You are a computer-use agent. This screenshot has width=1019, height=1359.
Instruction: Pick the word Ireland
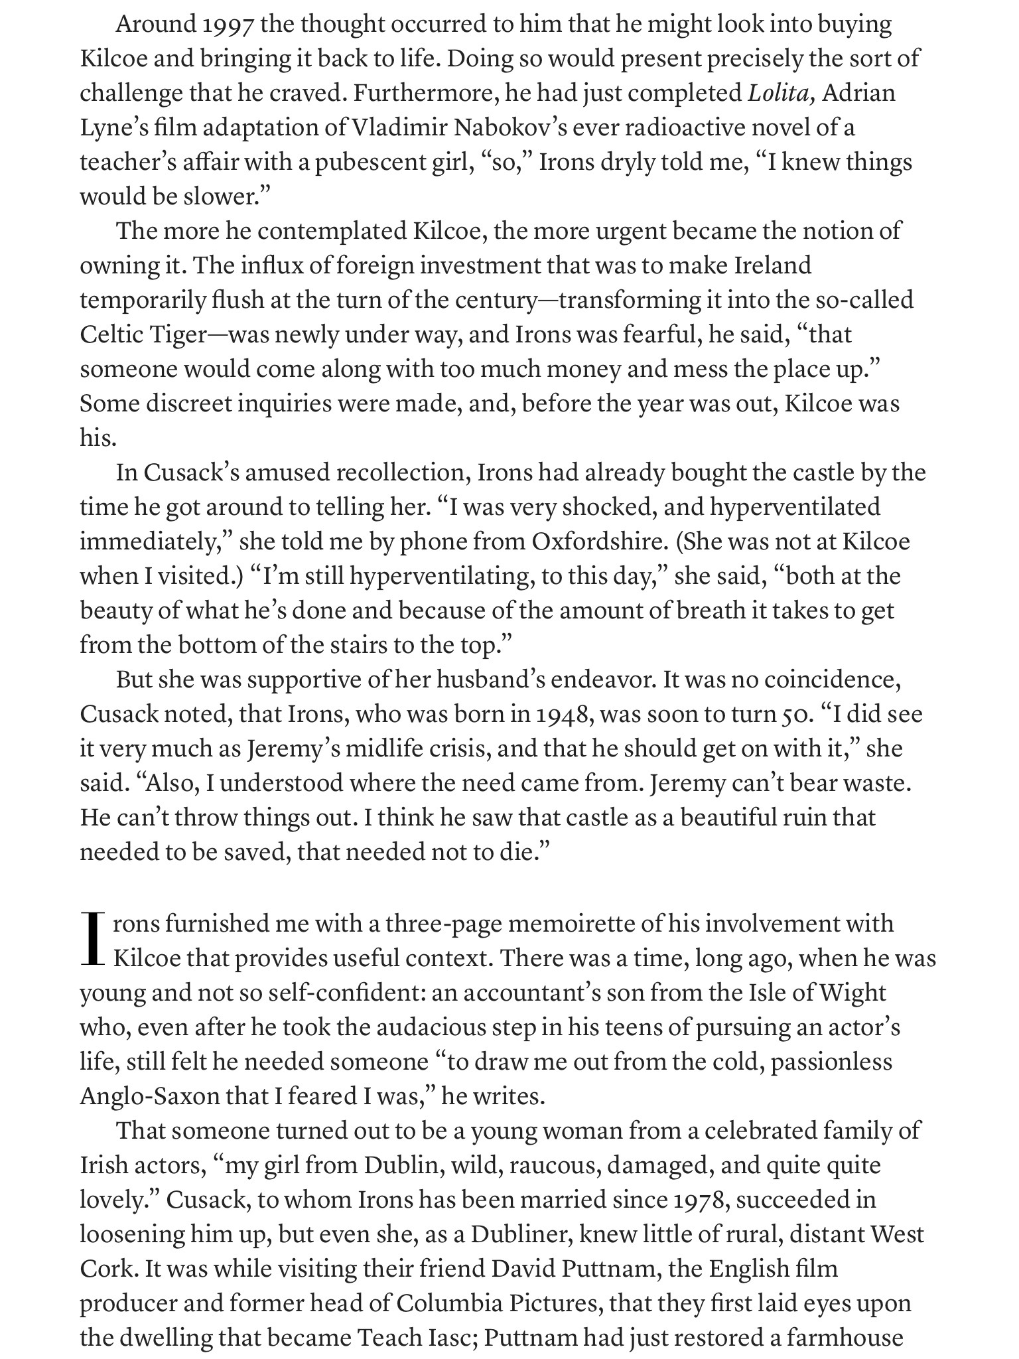(773, 265)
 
